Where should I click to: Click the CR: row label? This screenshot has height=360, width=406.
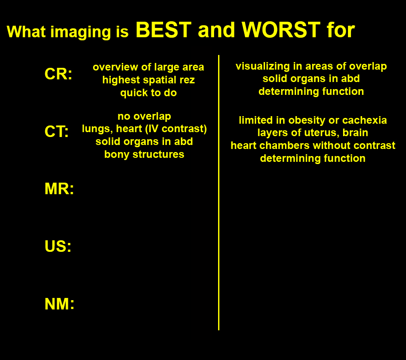pyautogui.click(x=58, y=74)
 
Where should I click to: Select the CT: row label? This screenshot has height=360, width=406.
pyautogui.click(x=57, y=131)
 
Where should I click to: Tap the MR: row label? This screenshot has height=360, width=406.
pyautogui.click(x=59, y=188)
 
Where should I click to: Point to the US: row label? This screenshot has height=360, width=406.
pyautogui.click(x=58, y=246)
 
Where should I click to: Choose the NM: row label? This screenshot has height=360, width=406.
pyautogui.click(x=59, y=304)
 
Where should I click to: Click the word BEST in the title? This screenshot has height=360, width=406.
pyautogui.click(x=164, y=30)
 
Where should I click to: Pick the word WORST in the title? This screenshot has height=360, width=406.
pyautogui.click(x=281, y=30)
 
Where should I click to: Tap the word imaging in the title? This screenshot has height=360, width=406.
pyautogui.click(x=81, y=32)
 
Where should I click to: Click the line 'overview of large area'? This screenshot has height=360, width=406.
pyautogui.click(x=148, y=67)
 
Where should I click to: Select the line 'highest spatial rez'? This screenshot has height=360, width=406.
pyautogui.click(x=148, y=80)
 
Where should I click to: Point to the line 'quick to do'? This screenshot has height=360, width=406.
pyautogui.click(x=148, y=93)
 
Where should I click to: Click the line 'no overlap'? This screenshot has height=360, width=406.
pyautogui.click(x=144, y=116)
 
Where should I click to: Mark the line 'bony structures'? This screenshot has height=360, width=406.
pyautogui.click(x=144, y=154)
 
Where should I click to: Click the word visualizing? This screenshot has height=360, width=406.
pyautogui.click(x=262, y=67)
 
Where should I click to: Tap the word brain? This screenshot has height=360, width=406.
pyautogui.click(x=355, y=133)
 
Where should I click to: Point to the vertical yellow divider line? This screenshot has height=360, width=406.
pyautogui.click(x=219, y=192)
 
